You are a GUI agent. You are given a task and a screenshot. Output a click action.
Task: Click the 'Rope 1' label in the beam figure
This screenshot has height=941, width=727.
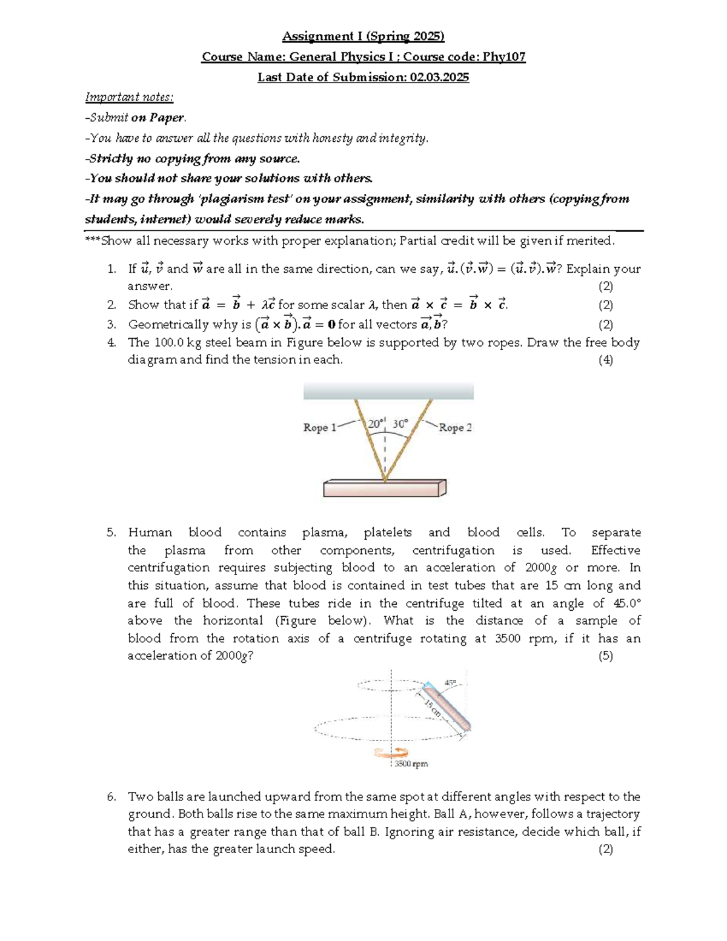(x=319, y=427)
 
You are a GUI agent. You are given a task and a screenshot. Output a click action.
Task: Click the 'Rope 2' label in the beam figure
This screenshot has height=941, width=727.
(x=455, y=427)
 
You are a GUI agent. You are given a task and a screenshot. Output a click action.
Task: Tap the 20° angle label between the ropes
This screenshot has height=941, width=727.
(x=375, y=424)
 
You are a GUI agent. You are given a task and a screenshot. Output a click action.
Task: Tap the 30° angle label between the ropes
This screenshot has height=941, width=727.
(x=400, y=424)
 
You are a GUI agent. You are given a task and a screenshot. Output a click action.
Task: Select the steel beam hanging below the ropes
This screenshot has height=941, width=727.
(x=385, y=488)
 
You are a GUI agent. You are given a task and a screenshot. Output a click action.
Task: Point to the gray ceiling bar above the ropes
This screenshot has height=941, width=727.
(x=388, y=391)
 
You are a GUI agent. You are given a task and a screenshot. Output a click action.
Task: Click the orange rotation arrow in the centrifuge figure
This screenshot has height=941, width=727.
(x=391, y=753)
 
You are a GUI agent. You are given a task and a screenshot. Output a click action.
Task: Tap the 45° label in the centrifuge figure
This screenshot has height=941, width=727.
(x=451, y=682)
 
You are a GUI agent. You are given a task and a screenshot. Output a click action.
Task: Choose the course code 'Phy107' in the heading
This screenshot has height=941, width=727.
(x=504, y=57)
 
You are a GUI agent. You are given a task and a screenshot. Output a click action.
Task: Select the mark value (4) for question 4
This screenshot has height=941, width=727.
(x=605, y=360)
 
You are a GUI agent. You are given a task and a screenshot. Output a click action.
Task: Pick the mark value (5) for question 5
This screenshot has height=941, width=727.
(x=605, y=656)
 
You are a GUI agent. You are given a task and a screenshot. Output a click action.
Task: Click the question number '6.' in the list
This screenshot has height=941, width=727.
(x=111, y=797)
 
